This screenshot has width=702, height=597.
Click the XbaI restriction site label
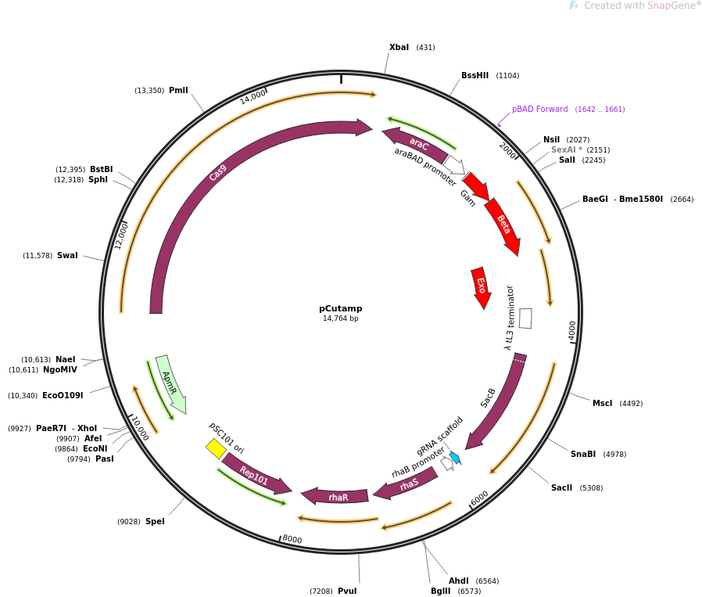point(399,48)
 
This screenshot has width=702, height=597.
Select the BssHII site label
point(475,76)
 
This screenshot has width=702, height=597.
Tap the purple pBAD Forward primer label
point(539,110)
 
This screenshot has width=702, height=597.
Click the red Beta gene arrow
point(503,225)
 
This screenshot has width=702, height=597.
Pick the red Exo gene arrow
point(481,286)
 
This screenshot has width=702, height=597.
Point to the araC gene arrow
point(417,144)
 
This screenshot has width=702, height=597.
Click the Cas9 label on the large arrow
point(218,172)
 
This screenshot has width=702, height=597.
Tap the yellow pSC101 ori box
point(216,448)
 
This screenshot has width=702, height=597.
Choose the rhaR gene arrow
point(337,496)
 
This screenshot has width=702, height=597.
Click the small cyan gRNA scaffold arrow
point(455,458)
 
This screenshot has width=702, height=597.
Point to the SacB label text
point(489,397)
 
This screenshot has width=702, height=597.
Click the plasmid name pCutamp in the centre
point(341,308)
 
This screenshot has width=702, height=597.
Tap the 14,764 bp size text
point(341,318)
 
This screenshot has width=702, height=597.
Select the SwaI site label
point(67,256)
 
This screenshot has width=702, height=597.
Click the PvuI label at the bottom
point(347,592)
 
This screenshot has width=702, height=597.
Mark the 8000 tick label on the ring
point(292,539)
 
